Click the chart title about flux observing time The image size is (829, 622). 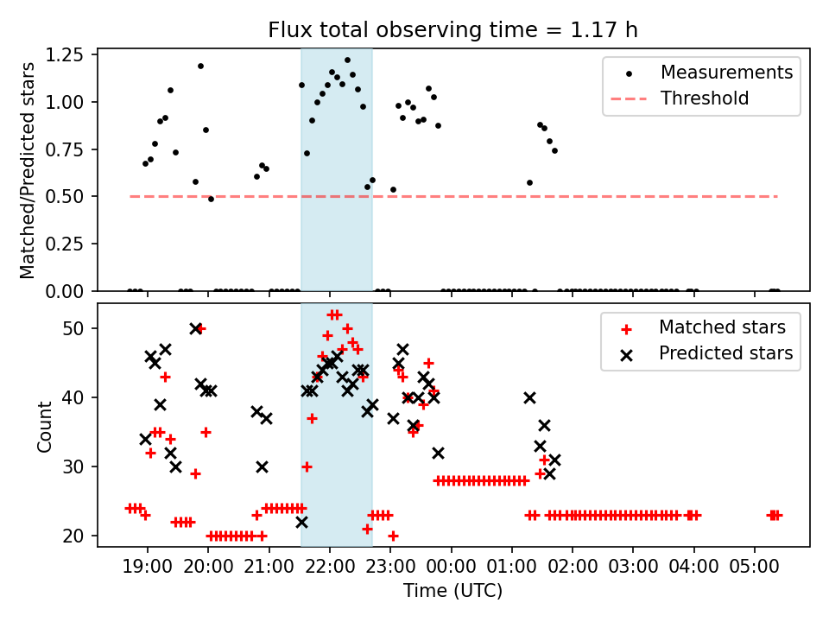pos(453,31)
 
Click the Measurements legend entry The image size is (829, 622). pos(726,73)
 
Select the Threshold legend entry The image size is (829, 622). pos(705,98)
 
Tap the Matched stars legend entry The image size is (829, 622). pos(722,327)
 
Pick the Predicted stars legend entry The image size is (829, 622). pos(725,353)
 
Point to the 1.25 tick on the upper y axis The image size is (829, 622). pos(66,55)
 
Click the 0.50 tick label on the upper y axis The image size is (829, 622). pos(66,197)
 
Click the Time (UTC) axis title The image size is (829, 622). pos(453,592)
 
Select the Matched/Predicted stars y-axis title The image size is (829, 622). pos(28,170)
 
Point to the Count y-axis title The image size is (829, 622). pos(44,425)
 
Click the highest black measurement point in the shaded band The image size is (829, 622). pos(347,60)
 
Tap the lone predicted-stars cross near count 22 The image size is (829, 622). pos(301,522)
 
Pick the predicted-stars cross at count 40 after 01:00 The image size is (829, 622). pos(529,397)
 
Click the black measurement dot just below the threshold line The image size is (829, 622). pos(211,199)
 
